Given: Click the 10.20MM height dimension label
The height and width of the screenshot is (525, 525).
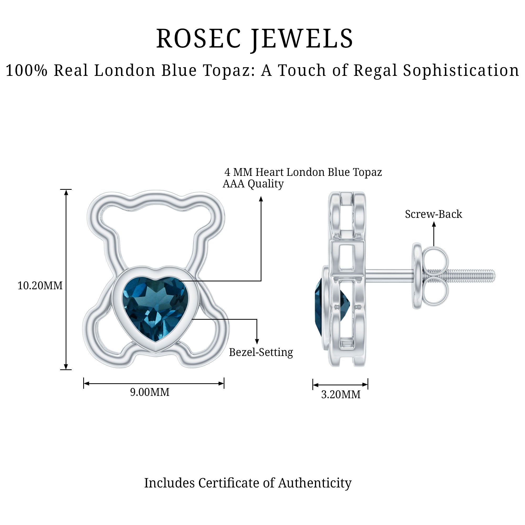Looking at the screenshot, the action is [40, 286].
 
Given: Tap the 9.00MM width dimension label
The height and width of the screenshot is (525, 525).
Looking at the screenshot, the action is [150, 392].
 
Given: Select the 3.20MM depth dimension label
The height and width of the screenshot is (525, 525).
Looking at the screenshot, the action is [341, 394].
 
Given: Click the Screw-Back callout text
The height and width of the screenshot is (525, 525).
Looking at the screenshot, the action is [433, 214].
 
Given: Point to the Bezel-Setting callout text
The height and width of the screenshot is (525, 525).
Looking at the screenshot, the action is [261, 352].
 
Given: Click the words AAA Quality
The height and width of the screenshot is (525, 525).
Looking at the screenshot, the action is [253, 184].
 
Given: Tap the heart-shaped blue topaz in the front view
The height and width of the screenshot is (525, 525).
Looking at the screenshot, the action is [155, 308].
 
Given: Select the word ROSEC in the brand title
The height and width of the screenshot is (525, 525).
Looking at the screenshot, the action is [199, 39].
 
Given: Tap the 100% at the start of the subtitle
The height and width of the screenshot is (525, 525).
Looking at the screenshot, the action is [27, 70].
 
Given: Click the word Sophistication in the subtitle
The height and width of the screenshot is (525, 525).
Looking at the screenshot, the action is [461, 71].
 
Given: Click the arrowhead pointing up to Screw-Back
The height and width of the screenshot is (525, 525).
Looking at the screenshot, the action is [434, 224].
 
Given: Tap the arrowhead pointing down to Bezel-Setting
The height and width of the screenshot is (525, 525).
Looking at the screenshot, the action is [257, 342].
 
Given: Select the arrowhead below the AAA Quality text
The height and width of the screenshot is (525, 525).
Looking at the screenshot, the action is [261, 199].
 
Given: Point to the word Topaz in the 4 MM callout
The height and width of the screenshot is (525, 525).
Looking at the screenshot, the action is [367, 172].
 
